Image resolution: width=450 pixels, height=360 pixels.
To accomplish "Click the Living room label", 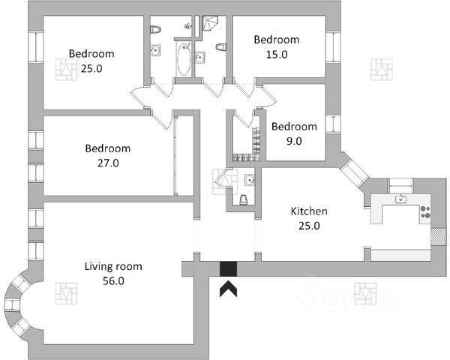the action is [x=112, y=266].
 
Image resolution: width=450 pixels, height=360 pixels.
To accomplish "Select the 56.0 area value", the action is [x=113, y=281].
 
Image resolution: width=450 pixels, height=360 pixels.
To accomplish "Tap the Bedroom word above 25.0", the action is [x=91, y=54].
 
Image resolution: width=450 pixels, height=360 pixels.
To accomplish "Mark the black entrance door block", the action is [x=227, y=269].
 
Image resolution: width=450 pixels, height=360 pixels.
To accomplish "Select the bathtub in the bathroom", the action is [x=182, y=59].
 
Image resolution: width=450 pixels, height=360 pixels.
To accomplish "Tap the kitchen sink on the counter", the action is [x=402, y=199].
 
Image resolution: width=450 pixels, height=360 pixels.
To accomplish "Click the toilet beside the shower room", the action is [x=220, y=47].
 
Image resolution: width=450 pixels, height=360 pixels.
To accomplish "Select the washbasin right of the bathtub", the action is [x=200, y=56].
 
